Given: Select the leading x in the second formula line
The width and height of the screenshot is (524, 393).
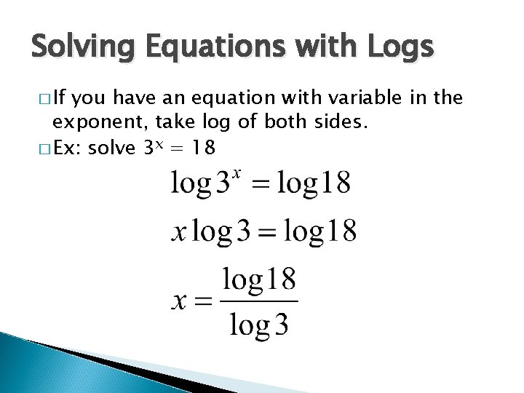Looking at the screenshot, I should point(179,232).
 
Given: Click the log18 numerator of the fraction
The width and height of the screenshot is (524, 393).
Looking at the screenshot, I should point(259,279).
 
